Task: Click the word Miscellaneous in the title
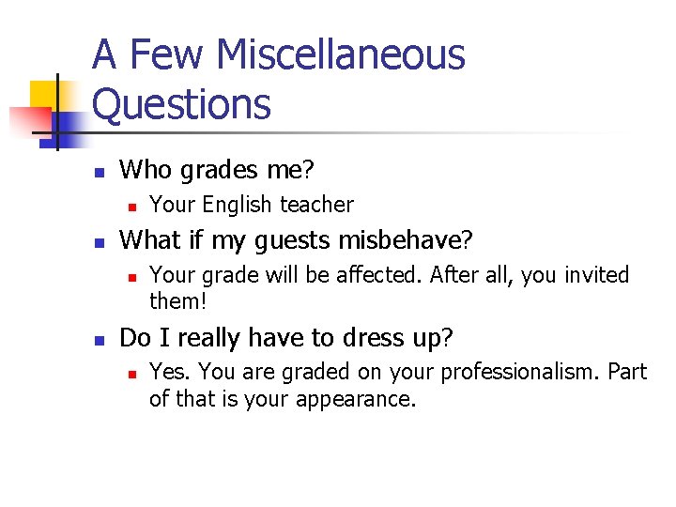pos(340,54)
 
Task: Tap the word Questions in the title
pos(181,104)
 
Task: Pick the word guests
pos(296,240)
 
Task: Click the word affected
pos(396,275)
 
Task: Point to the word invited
pos(591,275)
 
